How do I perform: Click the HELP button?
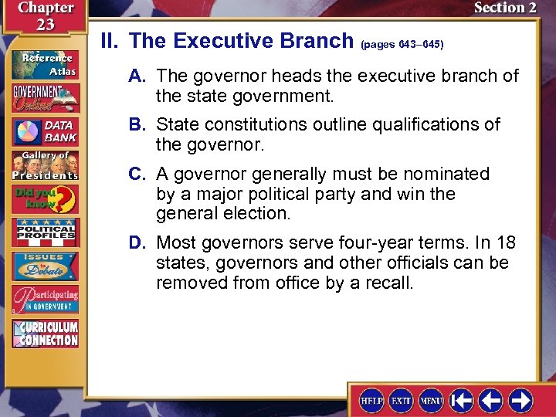372,400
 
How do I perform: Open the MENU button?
431,400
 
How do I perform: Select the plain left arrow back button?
491,400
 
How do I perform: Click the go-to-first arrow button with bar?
462,400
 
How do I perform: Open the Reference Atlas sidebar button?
45,63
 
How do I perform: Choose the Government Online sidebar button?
45,97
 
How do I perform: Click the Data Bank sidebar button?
45,131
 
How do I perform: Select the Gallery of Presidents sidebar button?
45,165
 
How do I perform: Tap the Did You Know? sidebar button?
45,199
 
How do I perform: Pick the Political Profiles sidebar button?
45,232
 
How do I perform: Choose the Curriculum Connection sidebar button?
45,333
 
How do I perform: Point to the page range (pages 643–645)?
402,45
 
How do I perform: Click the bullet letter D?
137,243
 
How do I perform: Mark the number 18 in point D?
505,243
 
